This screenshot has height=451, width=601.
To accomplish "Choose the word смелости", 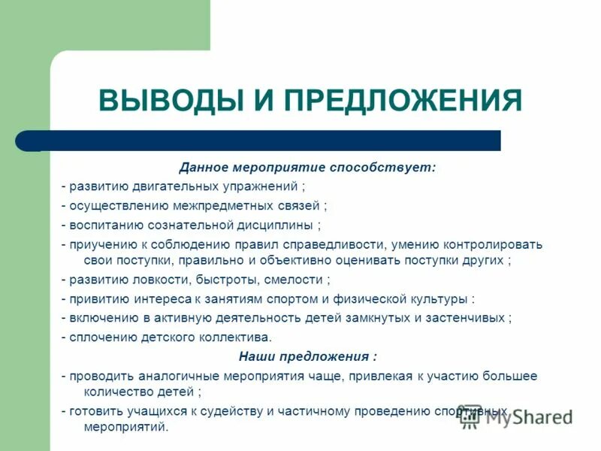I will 294,280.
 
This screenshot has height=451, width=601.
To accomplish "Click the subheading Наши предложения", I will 307,356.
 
